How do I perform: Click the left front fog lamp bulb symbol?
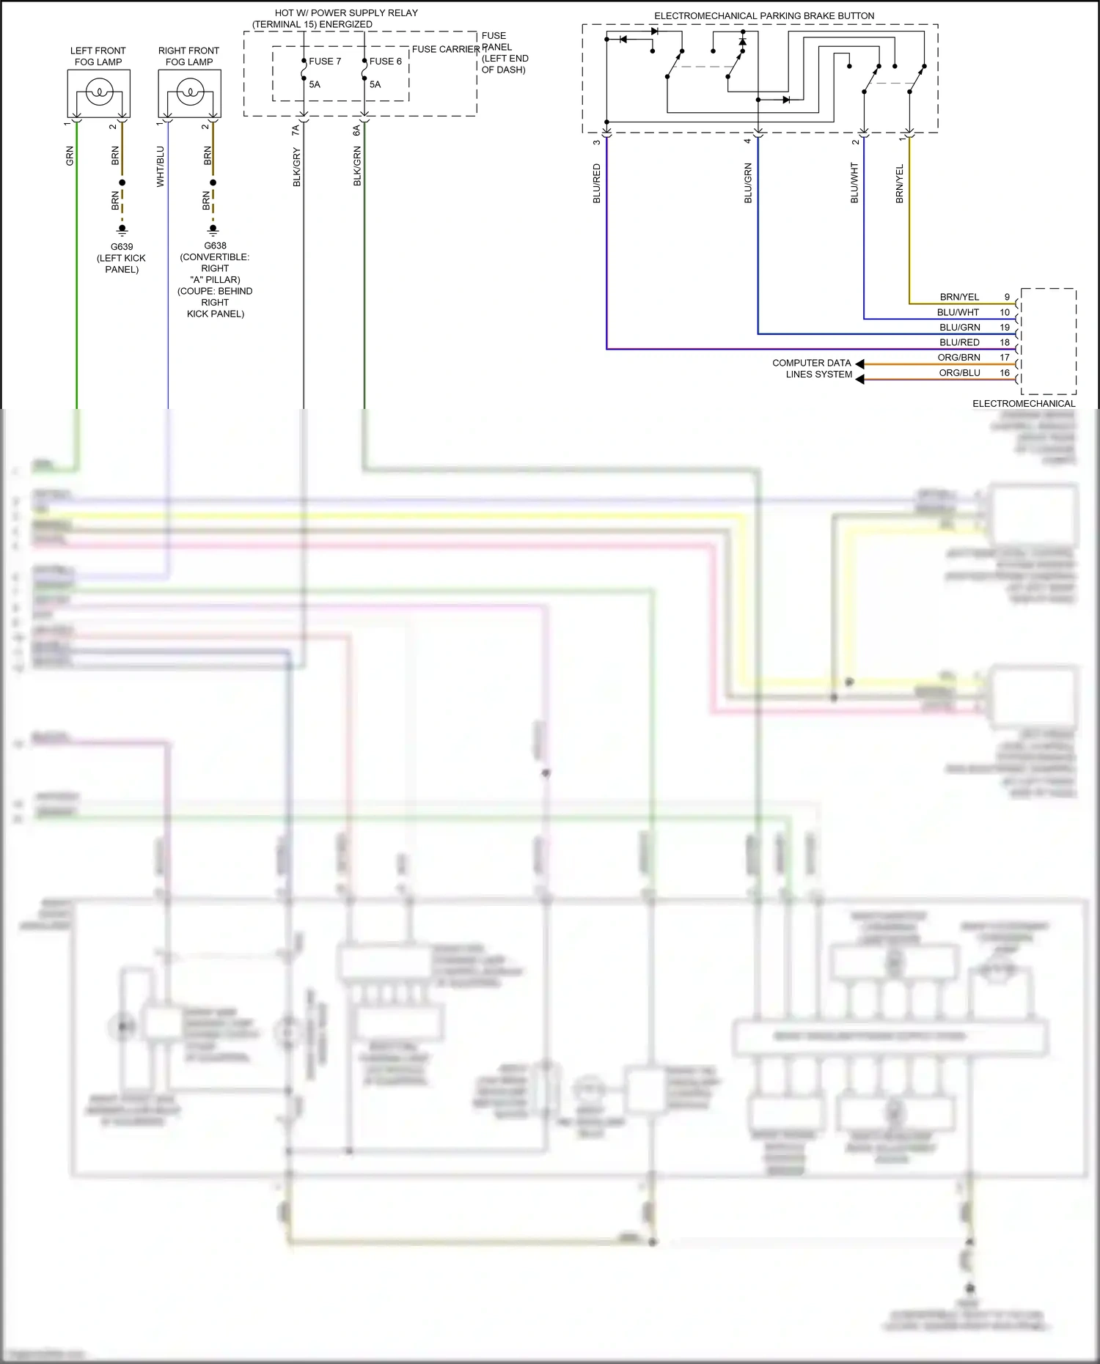tap(98, 92)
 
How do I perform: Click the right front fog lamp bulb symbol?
tap(189, 92)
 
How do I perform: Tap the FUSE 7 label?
tap(325, 62)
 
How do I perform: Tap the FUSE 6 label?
tap(385, 62)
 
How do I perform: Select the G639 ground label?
tap(122, 247)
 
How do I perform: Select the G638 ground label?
tap(215, 246)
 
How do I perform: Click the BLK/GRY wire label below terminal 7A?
tap(297, 167)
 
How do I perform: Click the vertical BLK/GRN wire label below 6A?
tap(357, 166)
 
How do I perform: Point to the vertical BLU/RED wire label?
tap(596, 183)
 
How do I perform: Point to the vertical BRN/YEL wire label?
tap(900, 183)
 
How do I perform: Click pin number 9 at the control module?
tap(1007, 298)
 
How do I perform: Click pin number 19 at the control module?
tap(1005, 328)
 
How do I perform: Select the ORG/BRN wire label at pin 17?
tap(958, 358)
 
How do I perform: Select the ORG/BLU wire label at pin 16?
tap(959, 373)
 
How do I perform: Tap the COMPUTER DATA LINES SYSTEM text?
tap(813, 369)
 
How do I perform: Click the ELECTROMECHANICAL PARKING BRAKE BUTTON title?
tap(764, 16)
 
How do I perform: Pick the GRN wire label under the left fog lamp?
tap(70, 155)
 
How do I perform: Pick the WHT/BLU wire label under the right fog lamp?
tap(161, 166)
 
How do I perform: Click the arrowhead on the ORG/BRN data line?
tap(859, 364)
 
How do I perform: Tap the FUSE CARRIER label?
tap(446, 50)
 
